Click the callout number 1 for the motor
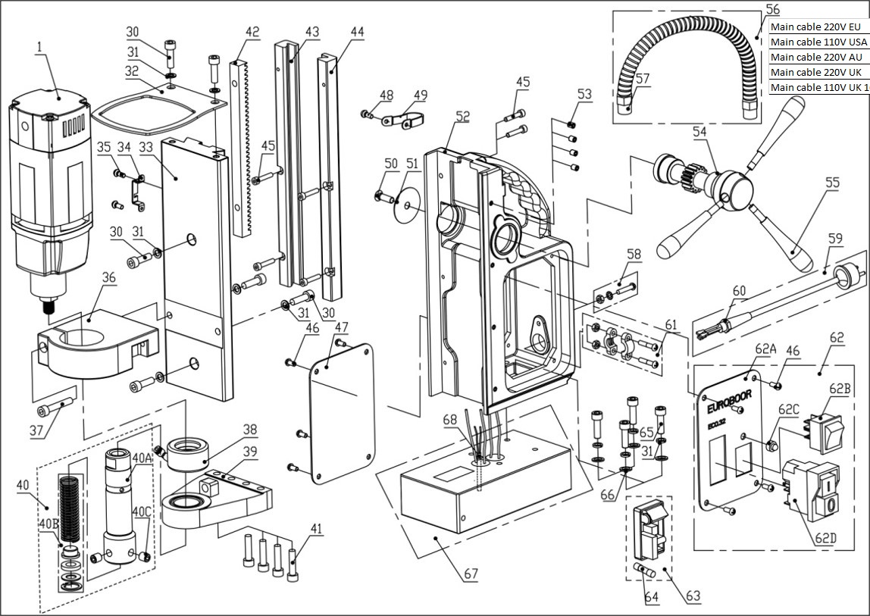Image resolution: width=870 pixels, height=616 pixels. (37, 48)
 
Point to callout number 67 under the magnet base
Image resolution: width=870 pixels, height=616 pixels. (471, 574)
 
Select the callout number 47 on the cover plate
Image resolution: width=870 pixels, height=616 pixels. (342, 327)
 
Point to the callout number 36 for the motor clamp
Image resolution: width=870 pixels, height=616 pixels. (109, 278)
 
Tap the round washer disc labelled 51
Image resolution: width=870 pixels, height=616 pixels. (408, 205)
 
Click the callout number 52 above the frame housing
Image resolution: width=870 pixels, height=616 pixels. (462, 117)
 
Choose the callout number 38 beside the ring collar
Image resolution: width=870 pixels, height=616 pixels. (250, 428)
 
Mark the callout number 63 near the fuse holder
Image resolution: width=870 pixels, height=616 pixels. (693, 596)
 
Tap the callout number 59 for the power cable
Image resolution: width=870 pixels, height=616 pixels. (834, 238)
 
